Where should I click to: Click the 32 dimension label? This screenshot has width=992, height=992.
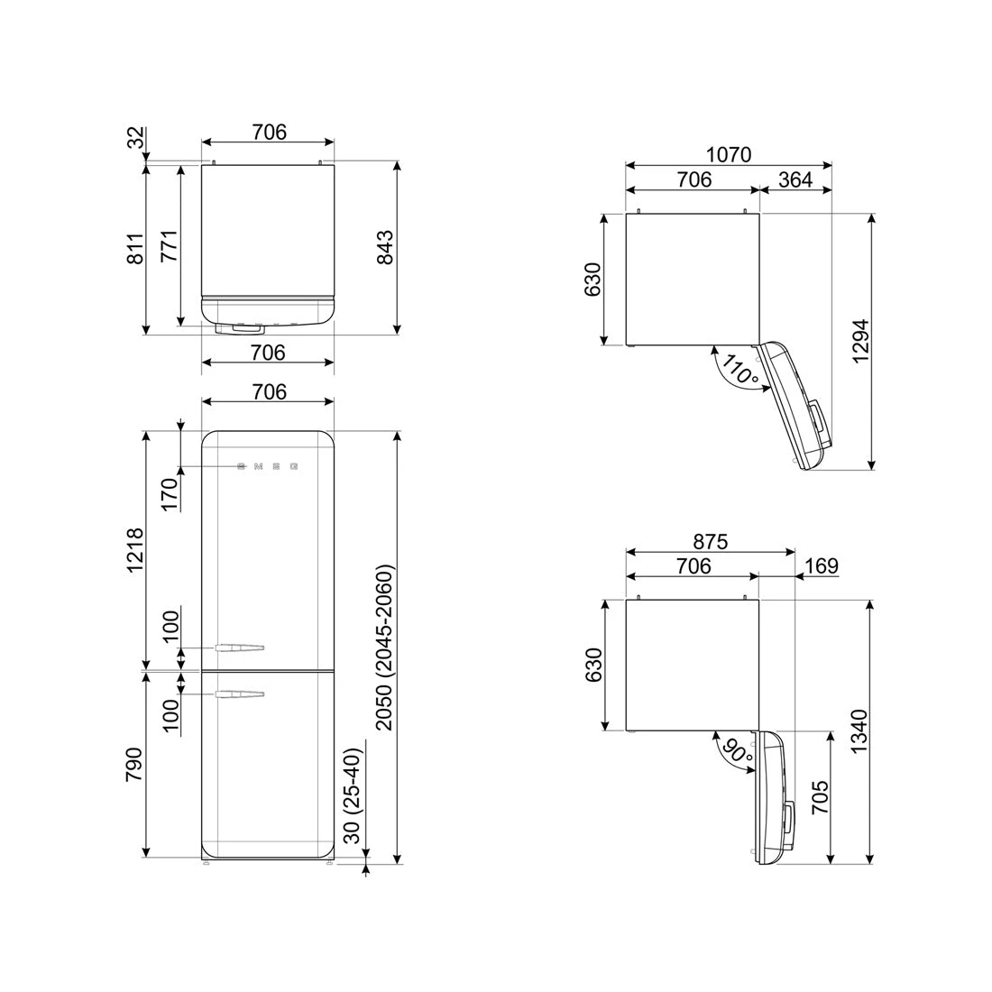coord(135,139)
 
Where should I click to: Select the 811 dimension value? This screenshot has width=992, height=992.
coord(135,249)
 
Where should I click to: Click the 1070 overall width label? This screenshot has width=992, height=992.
coord(728,155)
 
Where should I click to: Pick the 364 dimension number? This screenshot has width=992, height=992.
coord(795,179)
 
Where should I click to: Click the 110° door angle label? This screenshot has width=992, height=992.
coord(739,370)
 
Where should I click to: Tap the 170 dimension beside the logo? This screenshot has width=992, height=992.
coord(169,494)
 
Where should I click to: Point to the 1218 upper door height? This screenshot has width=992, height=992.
coord(135,550)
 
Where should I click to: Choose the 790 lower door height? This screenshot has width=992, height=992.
coord(135,763)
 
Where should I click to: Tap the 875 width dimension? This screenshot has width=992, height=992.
coord(710,542)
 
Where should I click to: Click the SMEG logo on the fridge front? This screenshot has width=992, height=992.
coord(267,467)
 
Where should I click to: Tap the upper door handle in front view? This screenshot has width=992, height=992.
coord(239,647)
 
